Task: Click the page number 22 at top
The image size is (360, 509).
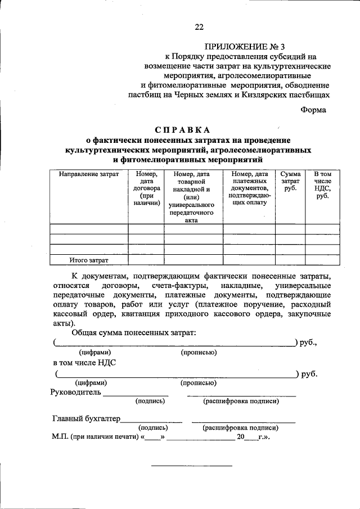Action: pyautogui.click(x=199, y=26)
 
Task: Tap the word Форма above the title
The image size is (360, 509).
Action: pyautogui.click(x=313, y=110)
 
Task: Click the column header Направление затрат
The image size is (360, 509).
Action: pyautogui.click(x=89, y=175)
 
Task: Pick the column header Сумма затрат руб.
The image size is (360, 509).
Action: pyautogui.click(x=290, y=182)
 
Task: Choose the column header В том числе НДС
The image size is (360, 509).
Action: pyautogui.click(x=322, y=185)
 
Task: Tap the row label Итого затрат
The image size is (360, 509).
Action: pyautogui.click(x=89, y=260)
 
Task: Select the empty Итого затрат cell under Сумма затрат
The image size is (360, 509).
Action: pyautogui.click(x=290, y=260)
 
